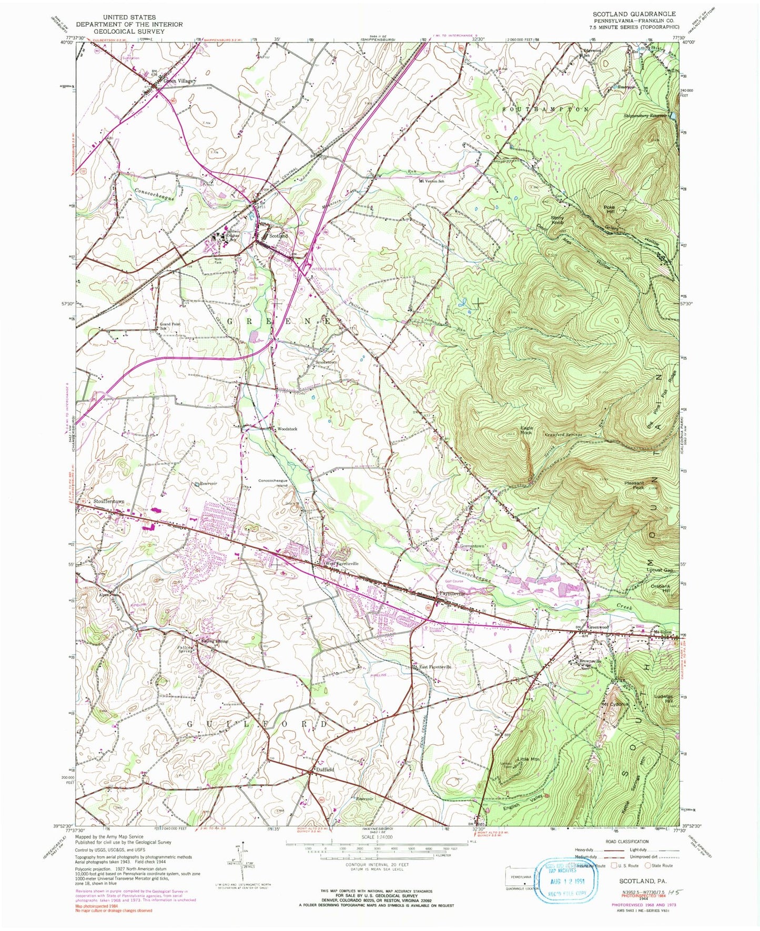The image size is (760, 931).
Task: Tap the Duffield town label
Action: coord(324,769)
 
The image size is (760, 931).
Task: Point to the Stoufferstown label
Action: coord(109,502)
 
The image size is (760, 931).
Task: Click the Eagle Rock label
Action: coord(526,429)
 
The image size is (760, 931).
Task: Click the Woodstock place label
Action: coord(285,429)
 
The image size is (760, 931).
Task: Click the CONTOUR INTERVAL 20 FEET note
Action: coord(377,879)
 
